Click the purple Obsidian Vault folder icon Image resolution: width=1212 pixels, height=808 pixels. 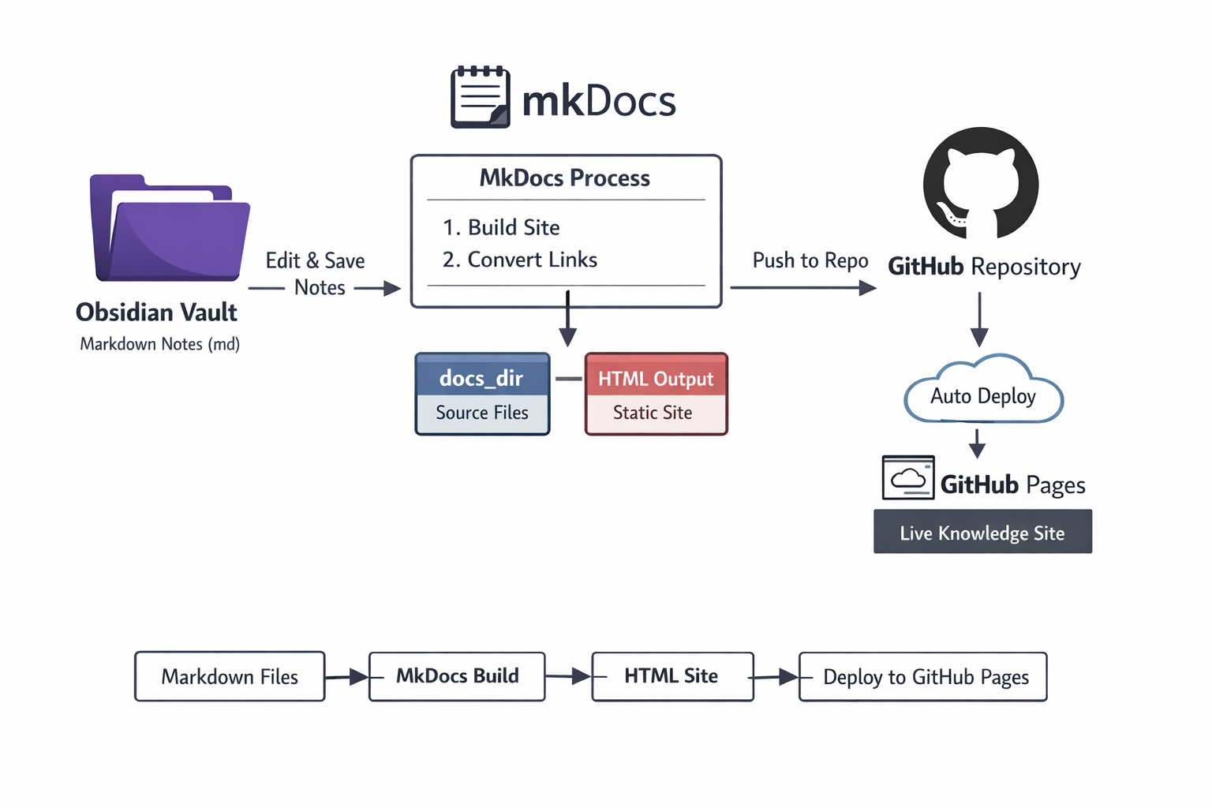pyautogui.click(x=170, y=229)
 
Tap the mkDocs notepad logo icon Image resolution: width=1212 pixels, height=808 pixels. pyautogui.click(x=480, y=97)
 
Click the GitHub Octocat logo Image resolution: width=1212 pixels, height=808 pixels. pyautogui.click(x=981, y=184)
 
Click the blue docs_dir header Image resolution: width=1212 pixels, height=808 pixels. pyautogui.click(x=482, y=377)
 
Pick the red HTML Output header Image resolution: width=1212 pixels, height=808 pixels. pyautogui.click(x=656, y=378)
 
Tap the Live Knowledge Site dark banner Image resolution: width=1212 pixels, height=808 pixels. pyautogui.click(x=982, y=533)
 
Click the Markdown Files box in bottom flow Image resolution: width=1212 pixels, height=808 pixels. pyautogui.click(x=230, y=676)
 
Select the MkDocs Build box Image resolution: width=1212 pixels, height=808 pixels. pyautogui.click(x=457, y=676)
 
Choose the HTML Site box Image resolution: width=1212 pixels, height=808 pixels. pyautogui.click(x=672, y=676)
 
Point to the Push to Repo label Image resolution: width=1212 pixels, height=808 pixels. pyautogui.click(x=810, y=260)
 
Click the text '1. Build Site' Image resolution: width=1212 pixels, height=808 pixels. pyautogui.click(x=501, y=227)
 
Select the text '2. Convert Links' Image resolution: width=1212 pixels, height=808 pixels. pyautogui.click(x=520, y=260)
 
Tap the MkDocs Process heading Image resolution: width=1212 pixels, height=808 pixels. pyautogui.click(x=565, y=178)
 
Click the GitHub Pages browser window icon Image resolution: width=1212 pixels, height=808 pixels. pyautogui.click(x=908, y=478)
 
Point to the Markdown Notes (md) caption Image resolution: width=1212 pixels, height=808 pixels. pyautogui.click(x=160, y=344)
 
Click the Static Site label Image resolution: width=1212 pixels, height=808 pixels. pyautogui.click(x=653, y=413)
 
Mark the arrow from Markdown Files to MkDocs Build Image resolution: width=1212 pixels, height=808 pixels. pyautogui.click(x=347, y=677)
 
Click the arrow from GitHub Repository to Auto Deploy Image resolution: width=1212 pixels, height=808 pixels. pyautogui.click(x=979, y=320)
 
